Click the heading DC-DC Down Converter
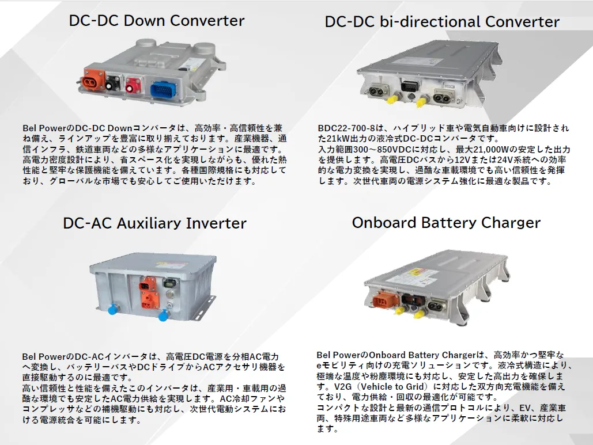click(x=157, y=20)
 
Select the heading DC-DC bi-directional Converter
click(x=442, y=21)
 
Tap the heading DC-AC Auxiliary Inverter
click(x=154, y=223)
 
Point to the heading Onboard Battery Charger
click(x=446, y=222)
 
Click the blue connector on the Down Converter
click(x=163, y=90)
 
